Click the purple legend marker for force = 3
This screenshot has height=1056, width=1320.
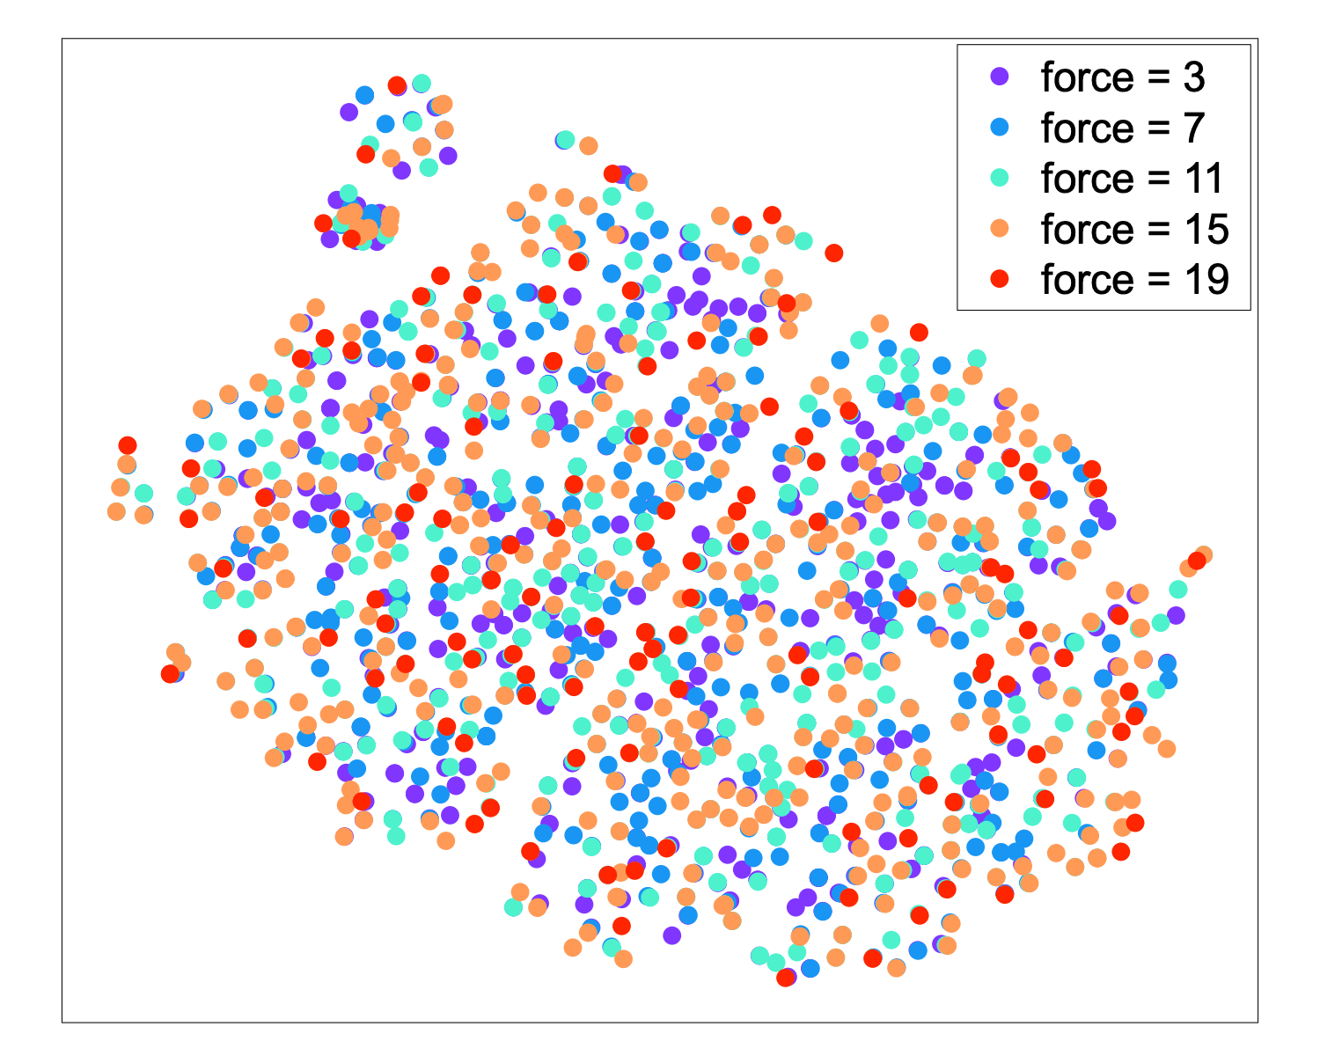pyautogui.click(x=999, y=76)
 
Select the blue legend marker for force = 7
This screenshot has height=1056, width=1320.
pyautogui.click(x=999, y=127)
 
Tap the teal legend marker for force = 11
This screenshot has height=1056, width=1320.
pyautogui.click(x=999, y=178)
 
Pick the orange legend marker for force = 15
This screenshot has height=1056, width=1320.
pyautogui.click(x=999, y=228)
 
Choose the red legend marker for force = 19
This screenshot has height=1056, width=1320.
pyautogui.click(x=999, y=279)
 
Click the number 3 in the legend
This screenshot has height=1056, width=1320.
pyautogui.click(x=1193, y=77)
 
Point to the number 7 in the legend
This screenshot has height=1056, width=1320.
pyautogui.click(x=1193, y=128)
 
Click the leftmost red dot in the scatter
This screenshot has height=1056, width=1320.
pyautogui.click(x=128, y=445)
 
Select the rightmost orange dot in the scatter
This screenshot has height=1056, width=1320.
pyautogui.click(x=1203, y=554)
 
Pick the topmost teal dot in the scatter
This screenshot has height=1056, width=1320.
pyautogui.click(x=422, y=83)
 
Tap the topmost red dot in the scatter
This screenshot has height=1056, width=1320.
pyautogui.click(x=397, y=85)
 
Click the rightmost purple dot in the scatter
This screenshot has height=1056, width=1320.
pyautogui.click(x=1176, y=615)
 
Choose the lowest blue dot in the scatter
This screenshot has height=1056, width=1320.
pyautogui.click(x=810, y=968)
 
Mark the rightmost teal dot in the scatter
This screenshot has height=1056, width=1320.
pyautogui.click(x=1177, y=589)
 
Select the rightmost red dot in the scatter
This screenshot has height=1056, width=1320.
pyautogui.click(x=1197, y=561)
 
